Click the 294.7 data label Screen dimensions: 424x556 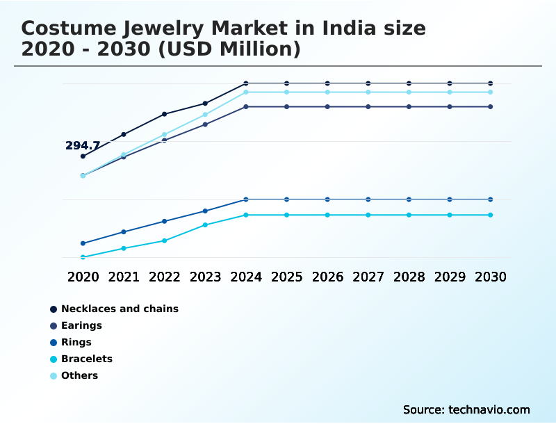click(83, 146)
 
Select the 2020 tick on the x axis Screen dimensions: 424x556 click(83, 277)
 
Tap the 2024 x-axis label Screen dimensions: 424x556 click(246, 277)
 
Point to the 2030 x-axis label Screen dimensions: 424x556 click(491, 277)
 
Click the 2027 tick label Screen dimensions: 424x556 click(368, 277)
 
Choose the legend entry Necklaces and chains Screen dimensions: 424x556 click(120, 309)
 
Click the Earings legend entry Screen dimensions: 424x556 click(81, 325)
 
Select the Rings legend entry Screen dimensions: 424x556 click(76, 342)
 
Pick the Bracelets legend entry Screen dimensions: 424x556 click(86, 359)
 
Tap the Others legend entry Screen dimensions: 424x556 click(79, 375)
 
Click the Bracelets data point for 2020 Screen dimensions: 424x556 click(83, 257)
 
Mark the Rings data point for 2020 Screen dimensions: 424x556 click(83, 243)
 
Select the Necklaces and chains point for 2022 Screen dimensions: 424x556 click(165, 114)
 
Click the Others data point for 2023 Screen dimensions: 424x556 click(205, 115)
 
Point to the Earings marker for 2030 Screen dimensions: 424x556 click(491, 106)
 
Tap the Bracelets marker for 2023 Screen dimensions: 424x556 click(205, 225)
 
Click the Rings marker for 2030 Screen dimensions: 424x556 click(491, 199)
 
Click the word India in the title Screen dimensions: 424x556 click(348, 29)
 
